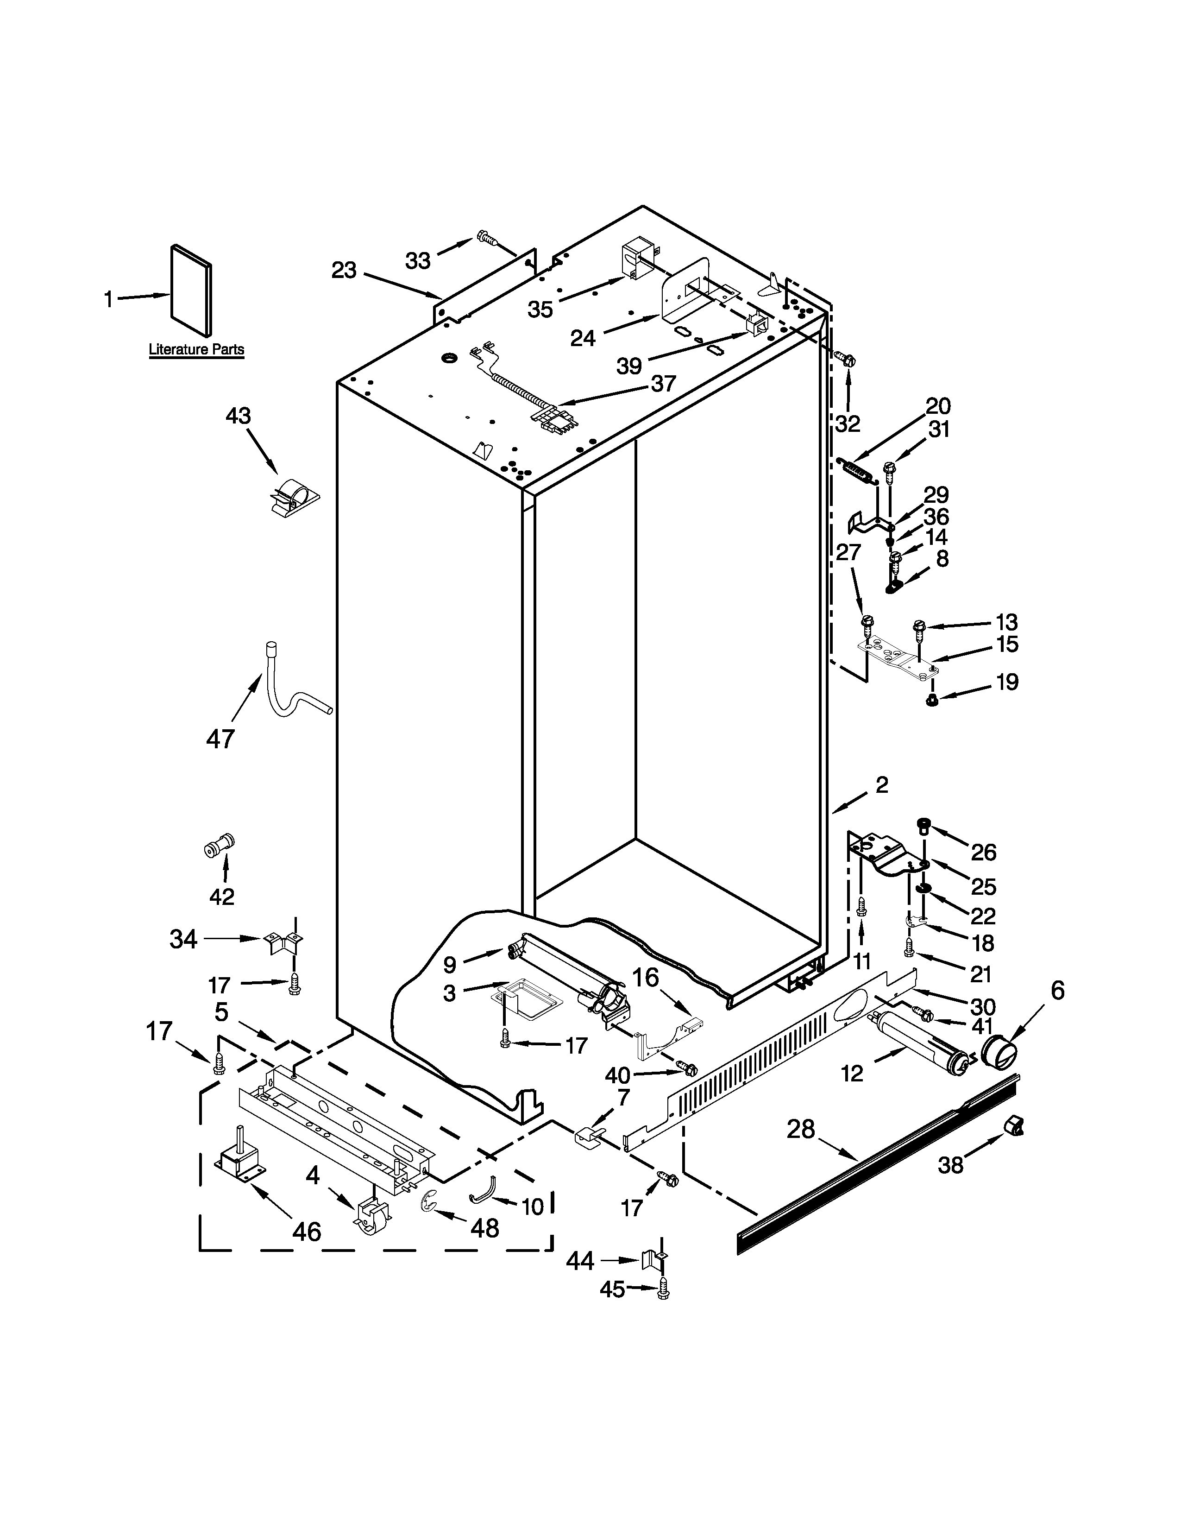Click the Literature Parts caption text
pos(196,349)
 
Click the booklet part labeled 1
pos(191,291)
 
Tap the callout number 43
pos(238,416)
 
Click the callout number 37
pos(663,383)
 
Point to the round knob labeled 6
pos(999,1054)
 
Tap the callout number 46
pos(307,1231)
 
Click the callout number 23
pos(344,270)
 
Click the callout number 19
pos(1007,682)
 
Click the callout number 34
pos(183,939)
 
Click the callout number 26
pos(983,852)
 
